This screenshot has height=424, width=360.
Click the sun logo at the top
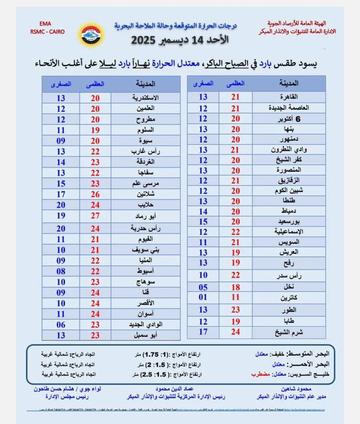coord(91,35)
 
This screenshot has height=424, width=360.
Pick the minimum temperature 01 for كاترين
coord(203,297)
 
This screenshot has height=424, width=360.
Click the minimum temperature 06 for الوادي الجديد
coord(61,325)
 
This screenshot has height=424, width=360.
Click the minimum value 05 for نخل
coord(203,287)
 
